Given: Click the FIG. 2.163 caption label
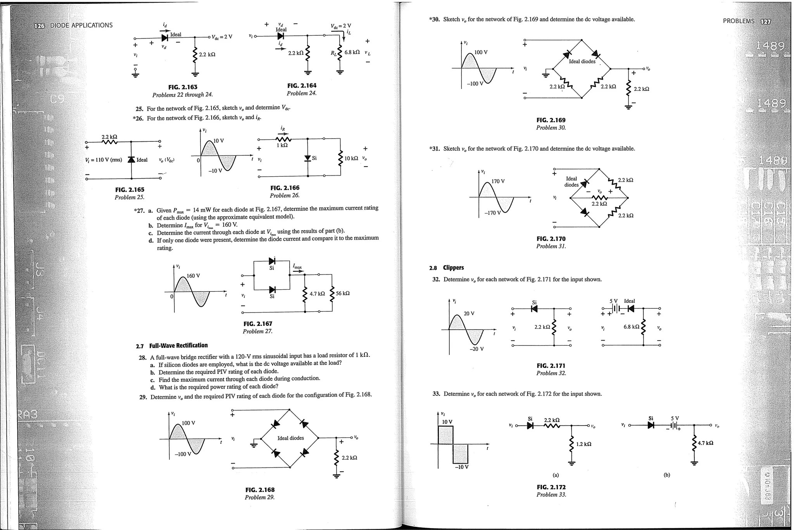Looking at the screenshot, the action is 183,87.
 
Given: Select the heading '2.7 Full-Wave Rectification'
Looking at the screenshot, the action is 172,346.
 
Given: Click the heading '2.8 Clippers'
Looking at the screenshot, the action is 446,268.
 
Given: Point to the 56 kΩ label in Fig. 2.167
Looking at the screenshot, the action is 343,293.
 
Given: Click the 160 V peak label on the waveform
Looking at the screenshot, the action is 193,276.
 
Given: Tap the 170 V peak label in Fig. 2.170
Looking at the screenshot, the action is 498,181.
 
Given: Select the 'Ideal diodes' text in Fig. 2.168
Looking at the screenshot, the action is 290,438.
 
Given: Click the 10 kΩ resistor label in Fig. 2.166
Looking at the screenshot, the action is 351,158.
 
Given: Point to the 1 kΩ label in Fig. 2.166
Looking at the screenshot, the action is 282,145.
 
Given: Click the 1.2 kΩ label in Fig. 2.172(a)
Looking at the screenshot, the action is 583,444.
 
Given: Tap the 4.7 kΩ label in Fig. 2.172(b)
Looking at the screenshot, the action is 706,443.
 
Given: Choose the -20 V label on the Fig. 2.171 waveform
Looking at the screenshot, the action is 476,349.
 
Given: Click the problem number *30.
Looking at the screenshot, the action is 435,19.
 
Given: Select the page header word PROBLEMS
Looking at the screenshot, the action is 739,21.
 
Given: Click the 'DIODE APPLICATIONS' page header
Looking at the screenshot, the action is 81,25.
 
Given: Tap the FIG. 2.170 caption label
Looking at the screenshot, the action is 551,239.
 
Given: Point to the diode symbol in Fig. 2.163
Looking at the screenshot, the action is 164,38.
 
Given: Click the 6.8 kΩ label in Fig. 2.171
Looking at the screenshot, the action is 631,327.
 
